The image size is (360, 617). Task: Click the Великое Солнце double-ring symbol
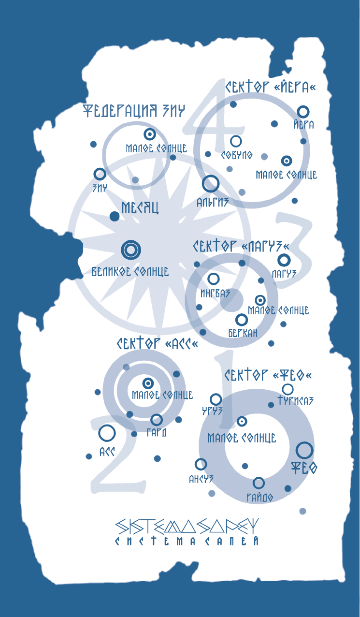130,250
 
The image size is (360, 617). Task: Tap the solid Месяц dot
115,216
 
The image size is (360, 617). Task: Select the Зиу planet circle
100,174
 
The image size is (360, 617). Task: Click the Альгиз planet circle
211,184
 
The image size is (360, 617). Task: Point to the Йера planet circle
303,112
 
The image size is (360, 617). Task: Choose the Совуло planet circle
236,141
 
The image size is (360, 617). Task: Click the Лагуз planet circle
284,260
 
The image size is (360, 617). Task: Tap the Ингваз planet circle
213,279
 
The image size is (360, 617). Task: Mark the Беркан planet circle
241,320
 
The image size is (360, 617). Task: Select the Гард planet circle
157,419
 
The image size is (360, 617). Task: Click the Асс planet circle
107,433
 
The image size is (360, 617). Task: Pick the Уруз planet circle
216,399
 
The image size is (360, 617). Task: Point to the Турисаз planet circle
288,389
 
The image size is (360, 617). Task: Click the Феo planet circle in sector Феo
304,450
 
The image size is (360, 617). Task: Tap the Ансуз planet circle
201,464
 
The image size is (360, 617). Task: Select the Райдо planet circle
259,483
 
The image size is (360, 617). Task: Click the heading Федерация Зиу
134,111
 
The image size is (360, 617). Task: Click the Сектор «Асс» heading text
157,344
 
